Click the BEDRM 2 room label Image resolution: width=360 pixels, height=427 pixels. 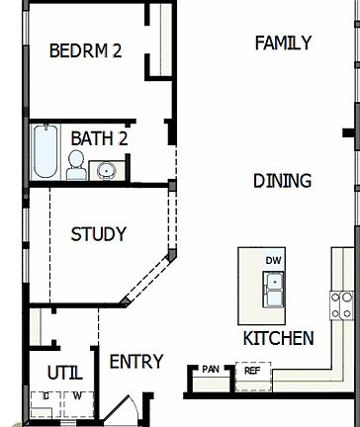pos(85,50)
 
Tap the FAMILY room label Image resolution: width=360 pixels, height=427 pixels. pos(283,43)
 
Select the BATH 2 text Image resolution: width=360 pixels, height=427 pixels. pos(99,138)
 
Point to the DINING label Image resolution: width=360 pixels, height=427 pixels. pos(282,180)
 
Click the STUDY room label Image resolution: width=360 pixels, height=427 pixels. pos(98,234)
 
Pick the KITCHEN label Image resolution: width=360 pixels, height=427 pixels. pos(278,338)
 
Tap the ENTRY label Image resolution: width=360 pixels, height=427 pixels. pos(135,362)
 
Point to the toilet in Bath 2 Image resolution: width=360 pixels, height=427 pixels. pos(76,165)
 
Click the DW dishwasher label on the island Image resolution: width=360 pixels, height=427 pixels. pos(273,261)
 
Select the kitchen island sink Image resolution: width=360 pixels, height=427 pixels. pos(273,290)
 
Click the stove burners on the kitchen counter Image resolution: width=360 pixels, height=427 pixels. pos(343,304)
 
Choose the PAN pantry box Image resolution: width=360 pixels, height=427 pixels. pos(211,370)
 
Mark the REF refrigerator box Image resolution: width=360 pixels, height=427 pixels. pos(251,371)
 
